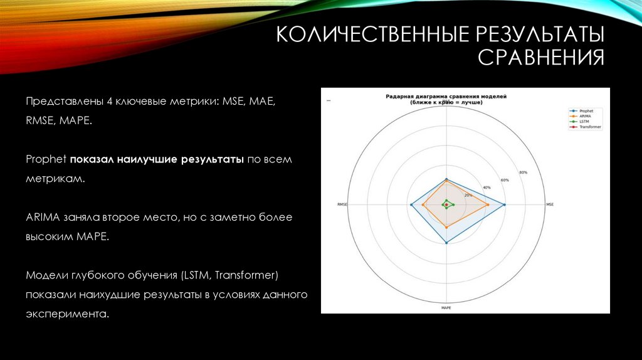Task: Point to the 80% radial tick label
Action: (x=523, y=172)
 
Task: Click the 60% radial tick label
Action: (x=505, y=180)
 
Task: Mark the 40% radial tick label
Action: (x=487, y=188)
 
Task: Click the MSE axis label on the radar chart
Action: (x=550, y=204)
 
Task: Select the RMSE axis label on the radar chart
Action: (x=342, y=204)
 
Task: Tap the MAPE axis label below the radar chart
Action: (x=446, y=308)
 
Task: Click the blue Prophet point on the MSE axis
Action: (x=505, y=205)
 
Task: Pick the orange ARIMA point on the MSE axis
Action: (x=487, y=205)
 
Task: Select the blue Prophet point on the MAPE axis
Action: (x=446, y=243)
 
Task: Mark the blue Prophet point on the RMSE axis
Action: (x=411, y=205)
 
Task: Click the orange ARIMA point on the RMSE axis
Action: (x=423, y=205)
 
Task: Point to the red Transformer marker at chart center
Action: (x=446, y=205)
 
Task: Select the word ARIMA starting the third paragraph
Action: (x=41, y=217)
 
